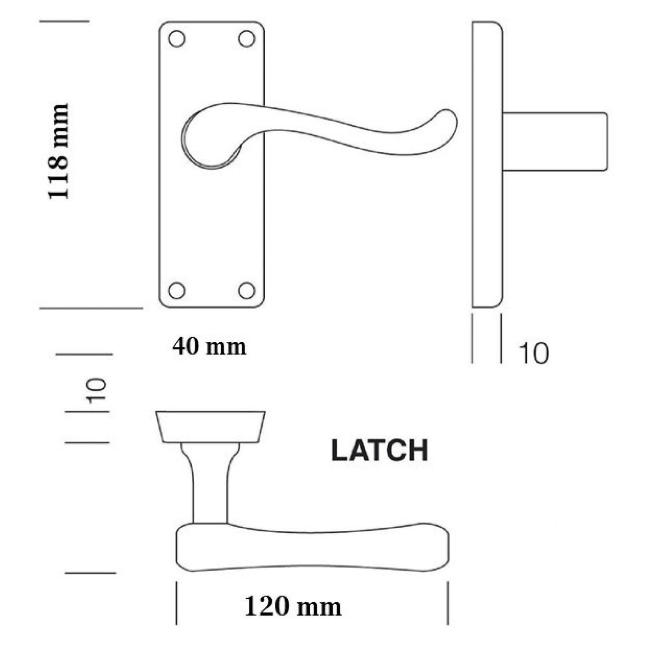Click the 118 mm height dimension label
[58, 151]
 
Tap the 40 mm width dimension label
[209, 347]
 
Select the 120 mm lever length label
[293, 607]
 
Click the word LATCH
[379, 451]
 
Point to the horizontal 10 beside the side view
[534, 354]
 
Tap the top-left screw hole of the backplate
[177, 39]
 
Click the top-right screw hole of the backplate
[247, 39]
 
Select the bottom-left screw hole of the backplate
[177, 290]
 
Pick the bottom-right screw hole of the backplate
[247, 290]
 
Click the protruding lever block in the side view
[555, 141]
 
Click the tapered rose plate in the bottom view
[211, 427]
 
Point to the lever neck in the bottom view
[210, 486]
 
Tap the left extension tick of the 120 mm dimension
[177, 603]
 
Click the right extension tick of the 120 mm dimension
[448, 603]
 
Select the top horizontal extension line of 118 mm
[64, 21]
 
